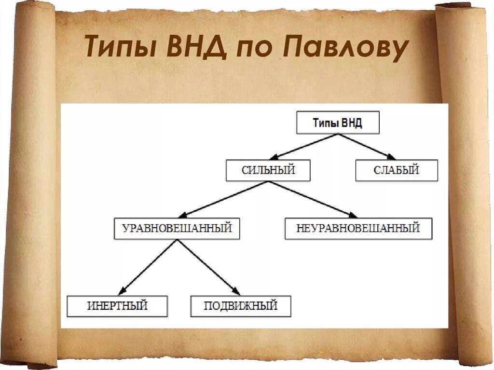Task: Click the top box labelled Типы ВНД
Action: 337,123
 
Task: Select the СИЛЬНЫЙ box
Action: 268,170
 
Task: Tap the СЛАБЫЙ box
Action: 397,170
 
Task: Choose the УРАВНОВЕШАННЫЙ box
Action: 177,228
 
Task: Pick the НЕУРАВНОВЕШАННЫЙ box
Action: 358,228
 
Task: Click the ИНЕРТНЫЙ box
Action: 117,306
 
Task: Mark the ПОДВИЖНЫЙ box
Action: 241,306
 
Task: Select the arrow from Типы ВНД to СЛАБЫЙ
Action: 367,146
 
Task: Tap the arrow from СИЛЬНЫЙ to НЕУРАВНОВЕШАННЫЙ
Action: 312,199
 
